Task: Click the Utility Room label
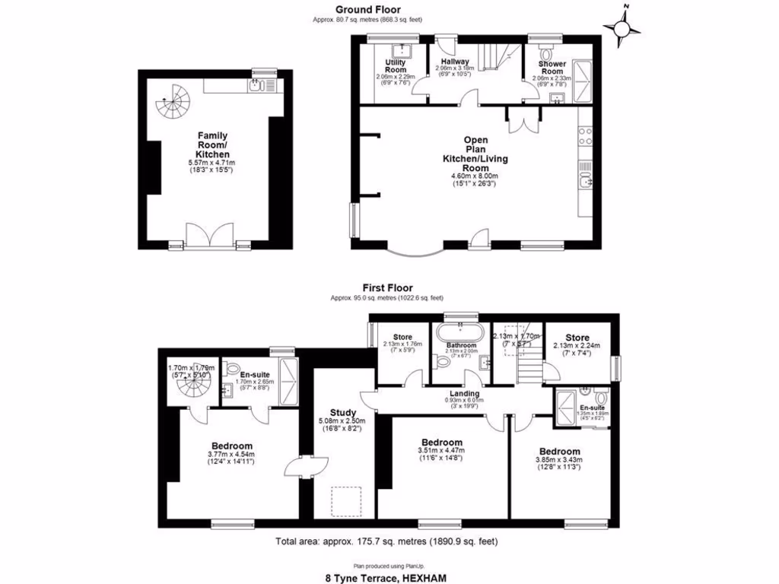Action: (x=395, y=65)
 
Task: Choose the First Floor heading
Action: (x=388, y=288)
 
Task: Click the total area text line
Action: (x=387, y=541)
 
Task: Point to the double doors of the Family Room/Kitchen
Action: (x=210, y=234)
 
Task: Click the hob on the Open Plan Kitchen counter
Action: (x=586, y=136)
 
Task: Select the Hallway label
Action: (x=453, y=62)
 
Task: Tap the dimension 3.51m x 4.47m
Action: (x=442, y=451)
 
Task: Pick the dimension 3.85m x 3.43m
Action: (x=559, y=460)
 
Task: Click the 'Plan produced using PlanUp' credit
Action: (x=388, y=565)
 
